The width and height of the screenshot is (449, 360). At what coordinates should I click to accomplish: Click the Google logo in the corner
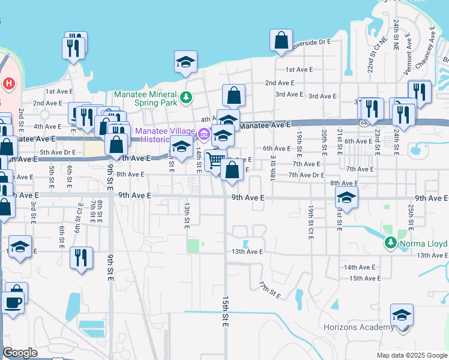point(20,353)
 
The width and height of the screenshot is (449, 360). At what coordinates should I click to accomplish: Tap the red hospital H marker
point(9,83)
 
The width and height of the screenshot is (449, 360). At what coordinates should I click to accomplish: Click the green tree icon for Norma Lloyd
point(391,242)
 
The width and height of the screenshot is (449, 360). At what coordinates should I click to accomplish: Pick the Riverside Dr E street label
point(311,43)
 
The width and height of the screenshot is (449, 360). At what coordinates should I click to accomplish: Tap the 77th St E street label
point(270,290)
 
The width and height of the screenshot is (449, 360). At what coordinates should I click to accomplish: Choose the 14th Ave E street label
point(359,267)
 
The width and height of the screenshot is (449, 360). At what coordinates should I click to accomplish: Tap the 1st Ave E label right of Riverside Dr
point(299,70)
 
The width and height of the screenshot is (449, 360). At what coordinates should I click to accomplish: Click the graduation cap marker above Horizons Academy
point(402,314)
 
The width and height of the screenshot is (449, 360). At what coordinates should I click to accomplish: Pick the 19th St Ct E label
point(311,220)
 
